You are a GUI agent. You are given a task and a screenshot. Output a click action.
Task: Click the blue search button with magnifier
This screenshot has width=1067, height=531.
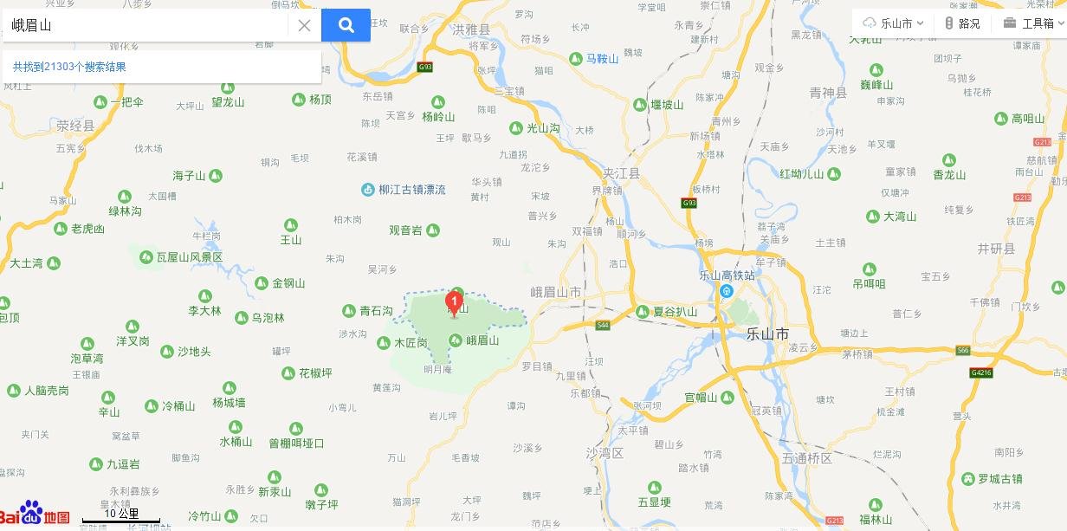346,25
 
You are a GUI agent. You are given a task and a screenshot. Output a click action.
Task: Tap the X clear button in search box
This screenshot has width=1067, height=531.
304,25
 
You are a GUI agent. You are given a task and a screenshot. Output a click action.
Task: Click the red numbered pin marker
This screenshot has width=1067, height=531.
454,303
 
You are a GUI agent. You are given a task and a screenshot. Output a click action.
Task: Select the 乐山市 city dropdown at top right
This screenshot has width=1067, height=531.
894,23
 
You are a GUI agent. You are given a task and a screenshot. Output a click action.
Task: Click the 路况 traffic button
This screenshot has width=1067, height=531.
962,23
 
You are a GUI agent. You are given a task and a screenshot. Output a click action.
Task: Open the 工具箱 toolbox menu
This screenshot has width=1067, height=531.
1030,23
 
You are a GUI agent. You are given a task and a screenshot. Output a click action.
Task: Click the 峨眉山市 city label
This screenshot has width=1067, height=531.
555,292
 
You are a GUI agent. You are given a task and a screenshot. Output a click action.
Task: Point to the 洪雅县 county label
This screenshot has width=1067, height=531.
470,29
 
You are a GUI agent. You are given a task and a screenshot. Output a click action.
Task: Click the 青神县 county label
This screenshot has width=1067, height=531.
827,93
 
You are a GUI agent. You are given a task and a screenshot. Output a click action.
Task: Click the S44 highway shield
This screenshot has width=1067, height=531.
603,325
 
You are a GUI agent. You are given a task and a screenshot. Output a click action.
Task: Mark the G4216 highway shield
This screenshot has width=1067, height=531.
981,373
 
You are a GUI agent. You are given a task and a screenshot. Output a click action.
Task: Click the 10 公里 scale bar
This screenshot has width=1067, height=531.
121,516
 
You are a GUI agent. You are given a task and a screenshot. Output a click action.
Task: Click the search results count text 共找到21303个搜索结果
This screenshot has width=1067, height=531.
69,67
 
